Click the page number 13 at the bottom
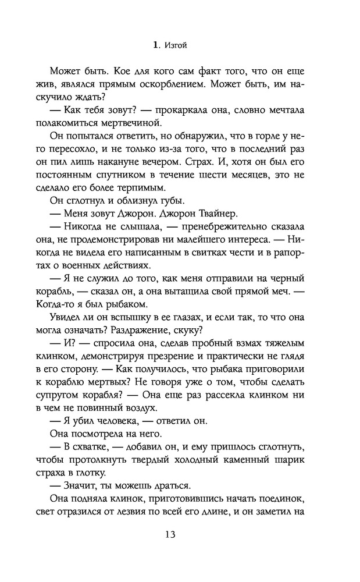(180, 534)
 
